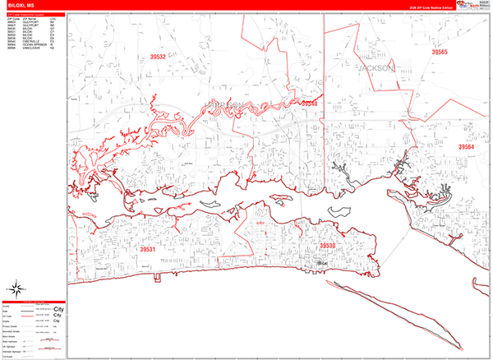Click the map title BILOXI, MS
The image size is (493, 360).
[x=22, y=7]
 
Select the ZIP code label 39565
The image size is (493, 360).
[x=440, y=52]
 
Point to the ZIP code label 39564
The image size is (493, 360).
[x=466, y=146]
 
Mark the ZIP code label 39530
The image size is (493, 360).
[x=327, y=246]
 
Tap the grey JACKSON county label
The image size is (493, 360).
[x=376, y=68]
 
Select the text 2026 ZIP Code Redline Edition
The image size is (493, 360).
[x=413, y=8]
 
